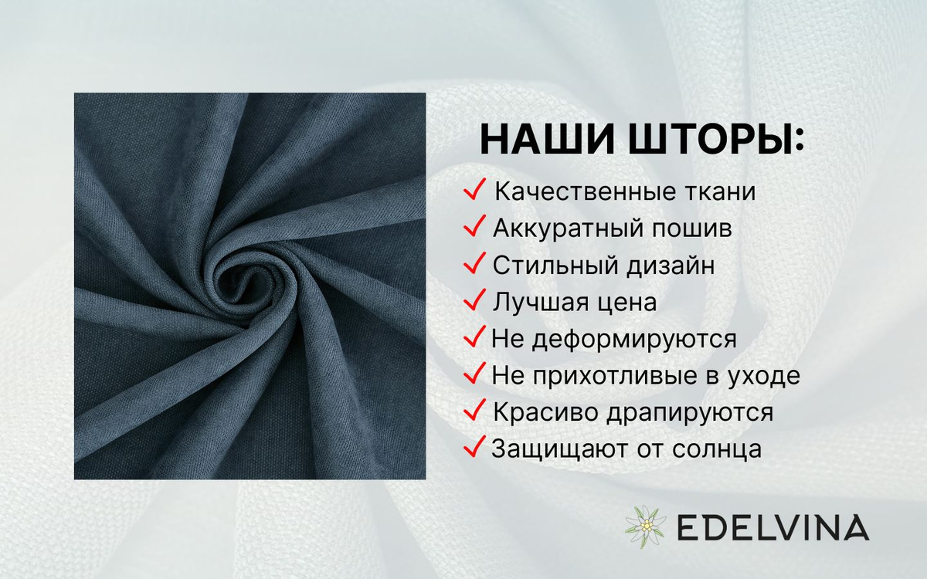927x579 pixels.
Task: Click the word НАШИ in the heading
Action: [x=547, y=139]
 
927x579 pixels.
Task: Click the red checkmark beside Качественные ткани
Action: [x=474, y=189]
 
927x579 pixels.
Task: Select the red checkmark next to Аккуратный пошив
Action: [x=474, y=225]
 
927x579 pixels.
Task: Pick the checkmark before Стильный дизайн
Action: [x=474, y=262]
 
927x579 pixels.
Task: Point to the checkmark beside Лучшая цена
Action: [x=474, y=300]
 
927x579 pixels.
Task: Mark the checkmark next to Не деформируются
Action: [x=474, y=337]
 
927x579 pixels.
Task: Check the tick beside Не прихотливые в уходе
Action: [x=474, y=373]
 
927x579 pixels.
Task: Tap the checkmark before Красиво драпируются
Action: [x=474, y=410]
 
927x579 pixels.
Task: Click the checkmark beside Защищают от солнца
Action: [x=474, y=446]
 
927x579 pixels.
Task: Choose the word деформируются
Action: [x=634, y=340]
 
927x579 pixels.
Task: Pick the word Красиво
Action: [x=545, y=412]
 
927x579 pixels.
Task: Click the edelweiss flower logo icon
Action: [x=645, y=527]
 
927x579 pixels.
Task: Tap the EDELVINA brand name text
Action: [x=773, y=527]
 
